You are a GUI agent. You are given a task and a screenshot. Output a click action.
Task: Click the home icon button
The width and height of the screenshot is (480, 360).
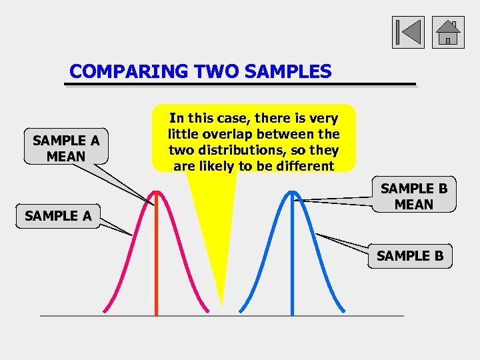(448, 33)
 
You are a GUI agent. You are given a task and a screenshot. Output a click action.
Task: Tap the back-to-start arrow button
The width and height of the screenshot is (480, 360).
(408, 33)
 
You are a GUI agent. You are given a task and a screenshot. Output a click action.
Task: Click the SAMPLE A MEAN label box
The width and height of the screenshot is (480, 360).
(66, 148)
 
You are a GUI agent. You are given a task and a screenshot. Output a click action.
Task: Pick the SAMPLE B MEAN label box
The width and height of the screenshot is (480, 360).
(413, 197)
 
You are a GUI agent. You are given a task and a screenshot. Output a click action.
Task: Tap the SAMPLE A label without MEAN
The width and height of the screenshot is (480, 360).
(58, 215)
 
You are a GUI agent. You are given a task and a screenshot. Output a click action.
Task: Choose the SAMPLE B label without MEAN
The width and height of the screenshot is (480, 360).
(410, 255)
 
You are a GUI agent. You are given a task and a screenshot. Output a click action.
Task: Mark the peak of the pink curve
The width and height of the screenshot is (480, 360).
(156, 192)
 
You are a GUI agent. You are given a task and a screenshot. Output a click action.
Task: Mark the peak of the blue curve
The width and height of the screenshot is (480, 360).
(292, 192)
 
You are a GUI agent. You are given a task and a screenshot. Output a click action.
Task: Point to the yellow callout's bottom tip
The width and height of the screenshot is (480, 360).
(221, 305)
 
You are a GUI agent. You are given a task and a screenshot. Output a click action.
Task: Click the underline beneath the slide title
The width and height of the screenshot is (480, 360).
(240, 85)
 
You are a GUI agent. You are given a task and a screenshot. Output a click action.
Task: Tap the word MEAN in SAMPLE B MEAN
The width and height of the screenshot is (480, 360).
(413, 205)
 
